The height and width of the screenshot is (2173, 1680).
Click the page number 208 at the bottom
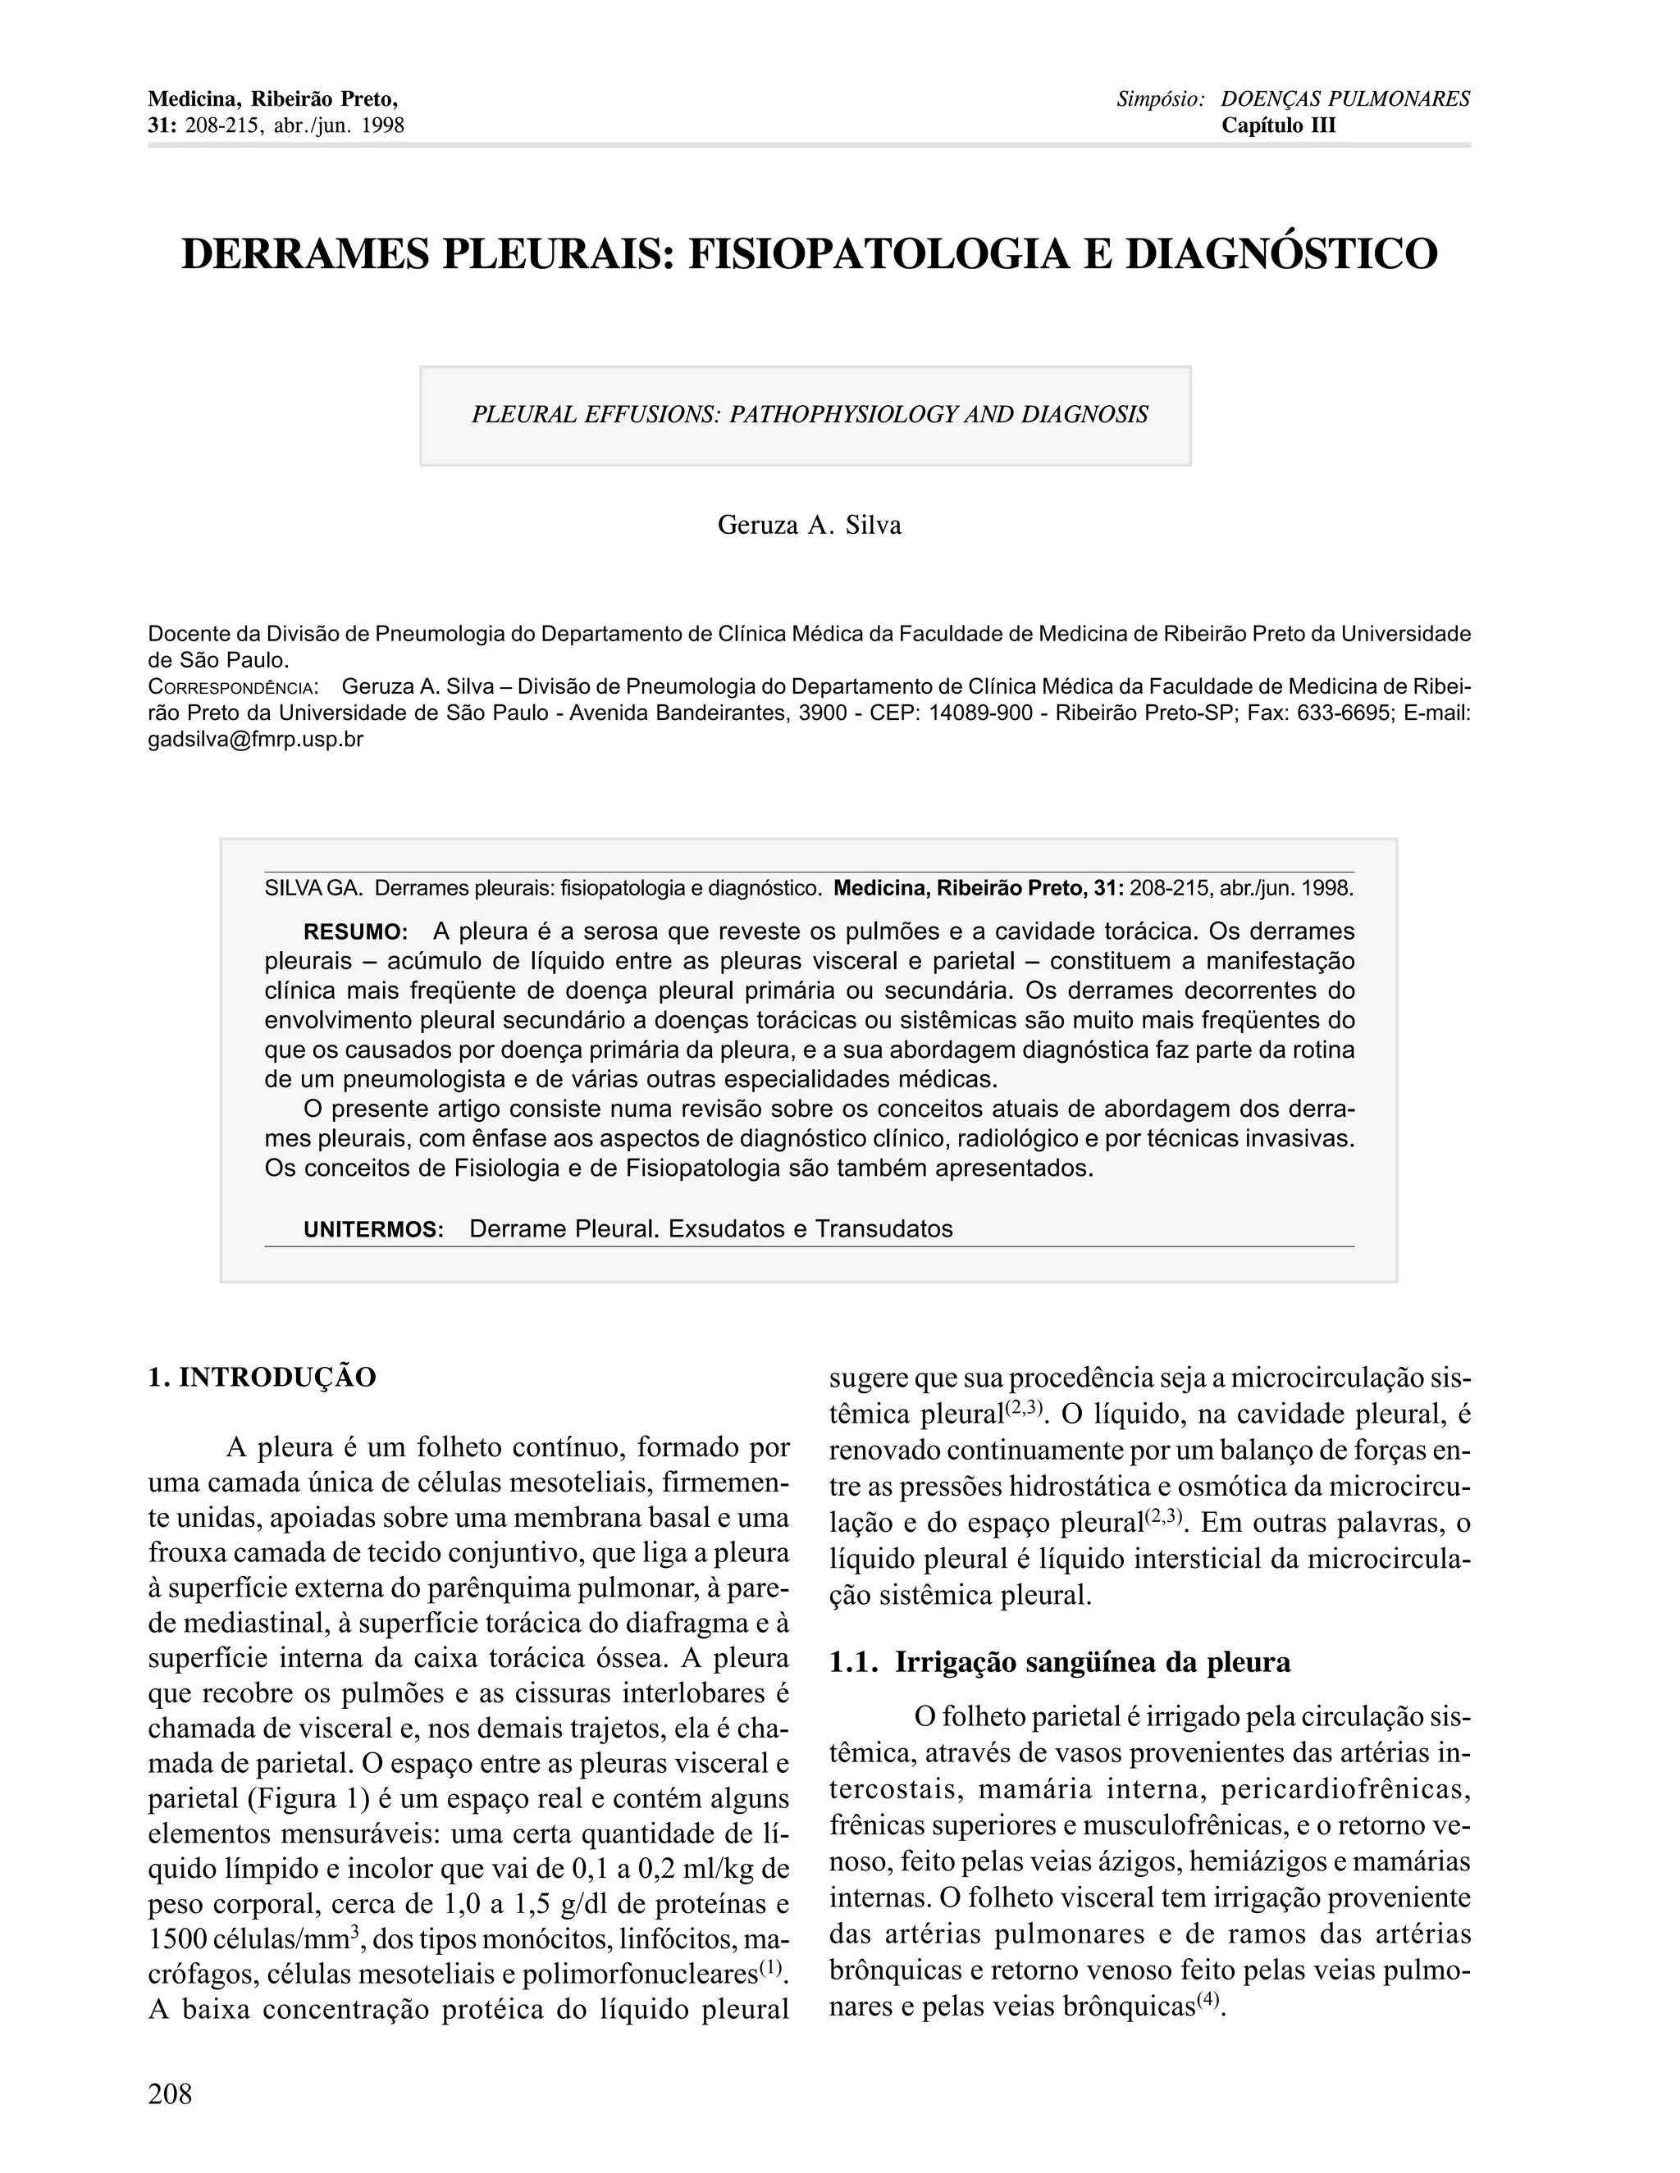pyautogui.click(x=170, y=2094)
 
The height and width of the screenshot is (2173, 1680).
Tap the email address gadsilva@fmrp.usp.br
pyautogui.click(x=256, y=740)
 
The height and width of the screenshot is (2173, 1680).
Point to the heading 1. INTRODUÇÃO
pyautogui.click(x=262, y=1378)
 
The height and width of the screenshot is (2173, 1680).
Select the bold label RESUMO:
pyautogui.click(x=355, y=932)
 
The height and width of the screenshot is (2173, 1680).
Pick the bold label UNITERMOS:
pyautogui.click(x=373, y=1230)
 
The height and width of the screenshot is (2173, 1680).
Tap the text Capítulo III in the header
pyautogui.click(x=1279, y=125)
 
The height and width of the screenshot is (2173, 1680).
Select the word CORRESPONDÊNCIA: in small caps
pyautogui.click(x=233, y=687)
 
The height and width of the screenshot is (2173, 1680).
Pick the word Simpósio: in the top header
pyautogui.click(x=1161, y=99)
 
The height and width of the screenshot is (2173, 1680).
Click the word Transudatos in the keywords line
pyautogui.click(x=883, y=1229)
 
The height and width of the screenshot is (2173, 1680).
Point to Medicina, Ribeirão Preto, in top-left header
pyautogui.click(x=272, y=99)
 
